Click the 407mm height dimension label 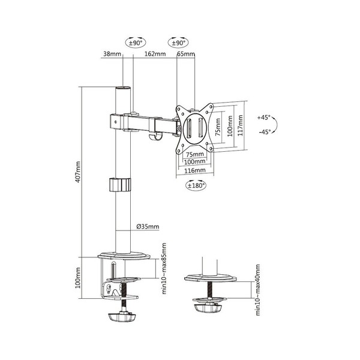78,172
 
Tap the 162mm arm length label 155,54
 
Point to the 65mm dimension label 186,54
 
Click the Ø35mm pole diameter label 148,227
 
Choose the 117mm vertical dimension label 240,125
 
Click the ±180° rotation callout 196,185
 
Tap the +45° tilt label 264,118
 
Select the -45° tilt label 265,132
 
